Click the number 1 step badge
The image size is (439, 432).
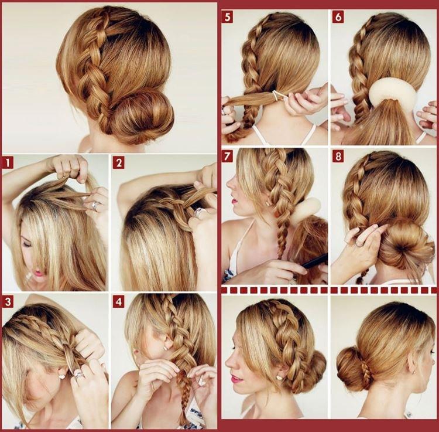(x=8, y=162)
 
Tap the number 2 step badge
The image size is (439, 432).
(x=118, y=162)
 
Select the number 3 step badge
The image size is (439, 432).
(x=8, y=301)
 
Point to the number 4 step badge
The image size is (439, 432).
(x=118, y=301)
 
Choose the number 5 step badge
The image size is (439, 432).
(x=228, y=16)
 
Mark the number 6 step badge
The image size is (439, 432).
(x=338, y=16)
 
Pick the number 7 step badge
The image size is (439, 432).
(x=228, y=156)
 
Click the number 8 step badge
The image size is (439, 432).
(x=338, y=156)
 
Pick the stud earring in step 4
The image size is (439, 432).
(x=166, y=347)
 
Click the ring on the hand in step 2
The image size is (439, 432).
(x=200, y=212)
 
